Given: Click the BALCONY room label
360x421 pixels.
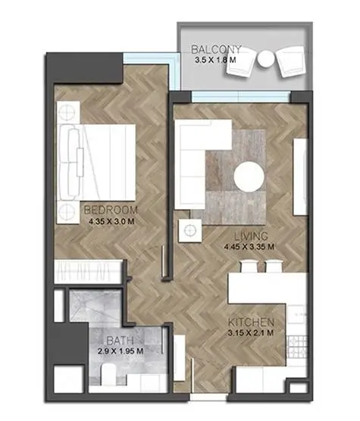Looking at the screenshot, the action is coord(216,50).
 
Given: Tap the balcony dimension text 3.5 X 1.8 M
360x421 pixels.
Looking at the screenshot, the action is coord(215,60).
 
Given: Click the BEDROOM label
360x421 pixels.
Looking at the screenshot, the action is coord(111,210).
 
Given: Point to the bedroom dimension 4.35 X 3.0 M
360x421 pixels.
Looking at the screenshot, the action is coord(111,222).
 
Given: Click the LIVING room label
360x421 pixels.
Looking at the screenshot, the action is coord(251,236).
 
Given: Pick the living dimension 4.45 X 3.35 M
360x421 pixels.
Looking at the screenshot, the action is coord(249,247).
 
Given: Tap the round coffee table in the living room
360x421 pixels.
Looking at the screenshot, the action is coord(249,177).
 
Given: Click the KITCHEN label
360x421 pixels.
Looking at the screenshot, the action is coord(251,323).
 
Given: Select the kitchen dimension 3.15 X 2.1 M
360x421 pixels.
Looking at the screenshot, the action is coord(250,333).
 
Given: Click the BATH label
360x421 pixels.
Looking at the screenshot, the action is coord(120,341).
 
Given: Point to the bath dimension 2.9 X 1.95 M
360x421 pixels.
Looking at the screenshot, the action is coord(121,351).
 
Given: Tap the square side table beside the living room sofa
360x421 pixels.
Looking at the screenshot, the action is coord(190,230).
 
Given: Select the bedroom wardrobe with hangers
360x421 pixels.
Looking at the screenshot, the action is coord(89,271).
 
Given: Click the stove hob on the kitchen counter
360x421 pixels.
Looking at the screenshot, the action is coord(297,347).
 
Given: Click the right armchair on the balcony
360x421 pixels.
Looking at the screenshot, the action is coord(291,61).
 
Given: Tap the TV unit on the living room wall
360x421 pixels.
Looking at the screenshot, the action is coord(300,176).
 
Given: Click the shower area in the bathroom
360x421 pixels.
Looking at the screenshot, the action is coord(95,305).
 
